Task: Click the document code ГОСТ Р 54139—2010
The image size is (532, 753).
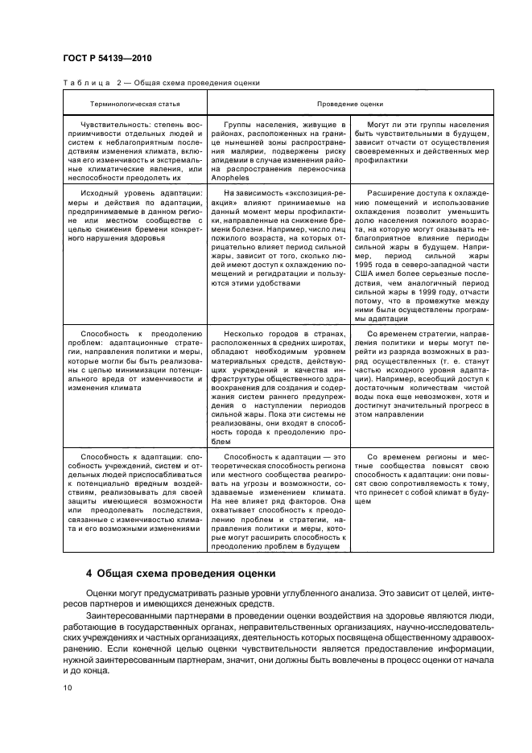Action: [x=107, y=59]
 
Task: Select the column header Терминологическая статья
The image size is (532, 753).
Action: [x=135, y=104]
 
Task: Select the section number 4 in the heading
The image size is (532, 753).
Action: [x=89, y=574]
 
